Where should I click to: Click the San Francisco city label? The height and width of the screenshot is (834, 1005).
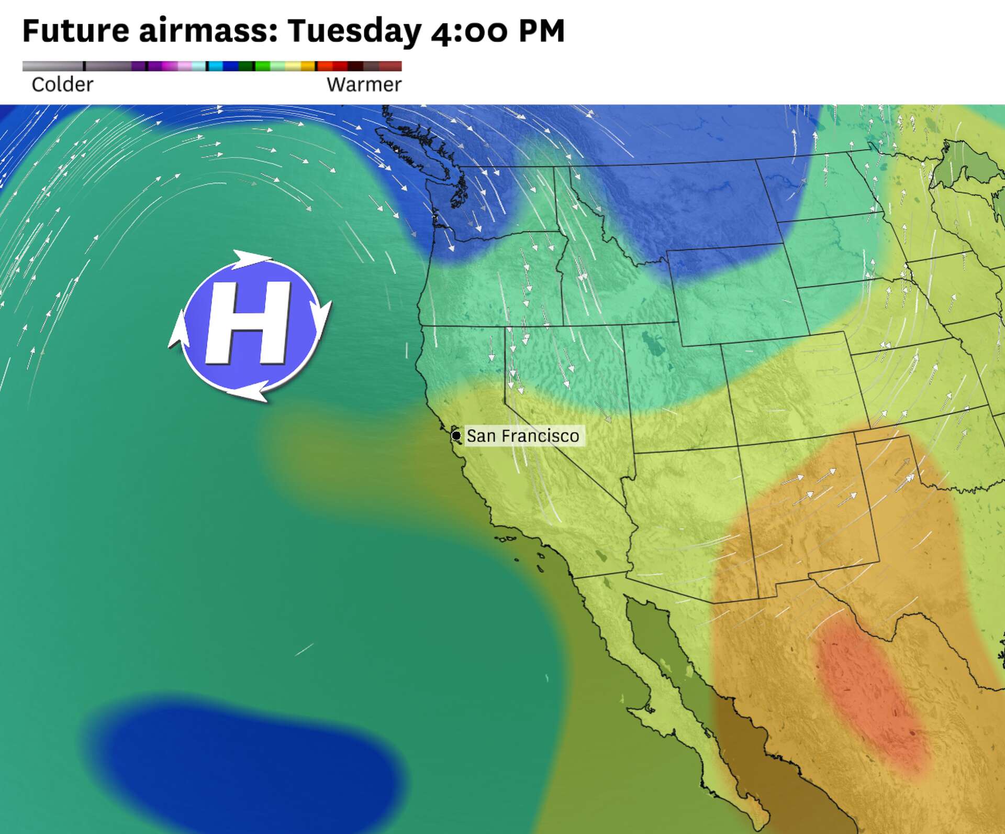point(522,436)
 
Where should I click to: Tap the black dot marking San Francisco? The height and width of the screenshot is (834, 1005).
point(456,435)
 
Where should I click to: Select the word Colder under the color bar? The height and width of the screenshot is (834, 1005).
point(62,84)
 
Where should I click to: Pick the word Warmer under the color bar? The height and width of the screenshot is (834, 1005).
point(364,84)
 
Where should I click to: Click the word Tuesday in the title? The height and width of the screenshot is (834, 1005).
point(354,31)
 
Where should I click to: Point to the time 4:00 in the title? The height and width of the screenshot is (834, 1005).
point(469,31)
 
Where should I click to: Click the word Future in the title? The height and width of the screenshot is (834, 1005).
point(75,30)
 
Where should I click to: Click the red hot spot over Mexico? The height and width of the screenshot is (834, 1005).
point(869,692)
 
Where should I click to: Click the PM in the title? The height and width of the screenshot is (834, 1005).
point(542,30)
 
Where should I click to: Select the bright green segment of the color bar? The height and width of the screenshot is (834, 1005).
point(263,66)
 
